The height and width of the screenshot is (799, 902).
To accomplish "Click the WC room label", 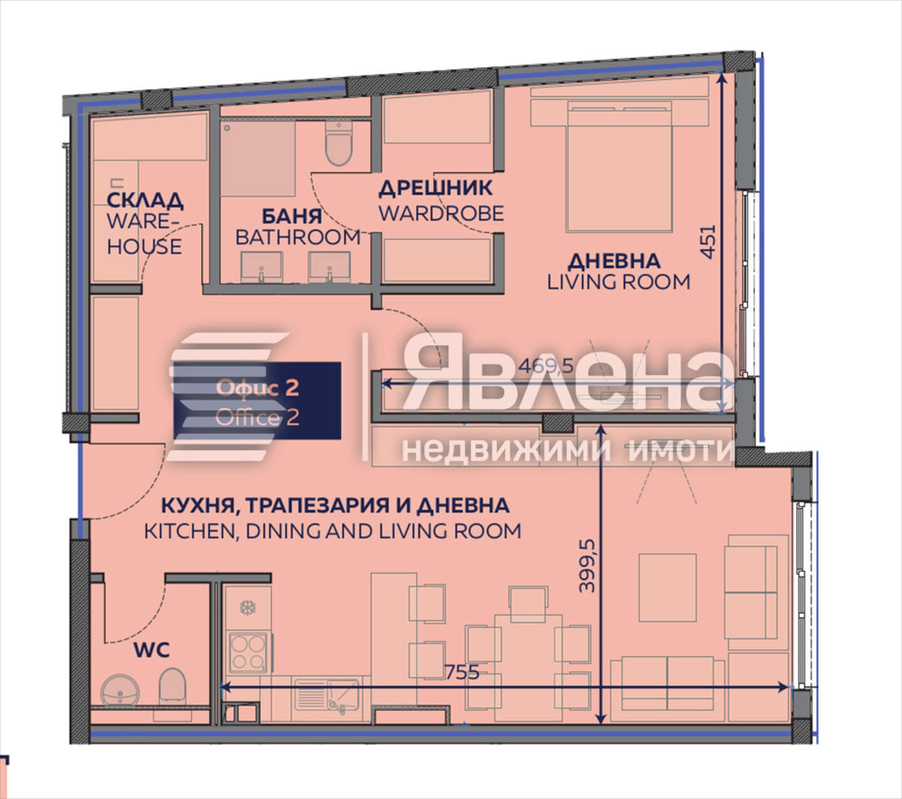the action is (152, 650).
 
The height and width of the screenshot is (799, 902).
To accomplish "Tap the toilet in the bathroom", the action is (339, 144).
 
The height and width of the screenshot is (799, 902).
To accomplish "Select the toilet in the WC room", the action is (172, 687).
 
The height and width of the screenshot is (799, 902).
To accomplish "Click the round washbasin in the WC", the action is (120, 691).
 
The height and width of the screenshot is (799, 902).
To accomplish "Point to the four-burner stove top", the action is (247, 653).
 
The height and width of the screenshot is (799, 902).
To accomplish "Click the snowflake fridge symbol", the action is (247, 607).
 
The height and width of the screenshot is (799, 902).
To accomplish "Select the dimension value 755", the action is (462, 672).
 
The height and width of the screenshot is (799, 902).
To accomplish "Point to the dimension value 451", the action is (707, 242).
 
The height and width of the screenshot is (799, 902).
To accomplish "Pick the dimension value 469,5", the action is (546, 365).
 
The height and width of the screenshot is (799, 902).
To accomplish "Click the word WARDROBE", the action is (441, 213).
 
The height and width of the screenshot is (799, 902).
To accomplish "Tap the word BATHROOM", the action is (298, 238).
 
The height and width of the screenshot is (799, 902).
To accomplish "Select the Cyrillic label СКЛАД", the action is (145, 201).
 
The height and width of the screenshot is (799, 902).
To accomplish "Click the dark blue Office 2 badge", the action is (257, 400).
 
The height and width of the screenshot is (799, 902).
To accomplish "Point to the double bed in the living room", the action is (619, 167).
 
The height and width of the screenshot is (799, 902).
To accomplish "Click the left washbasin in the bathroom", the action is (261, 267).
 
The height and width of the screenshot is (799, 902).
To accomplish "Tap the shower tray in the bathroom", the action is (258, 159).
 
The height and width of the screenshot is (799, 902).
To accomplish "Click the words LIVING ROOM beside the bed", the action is (618, 282).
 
